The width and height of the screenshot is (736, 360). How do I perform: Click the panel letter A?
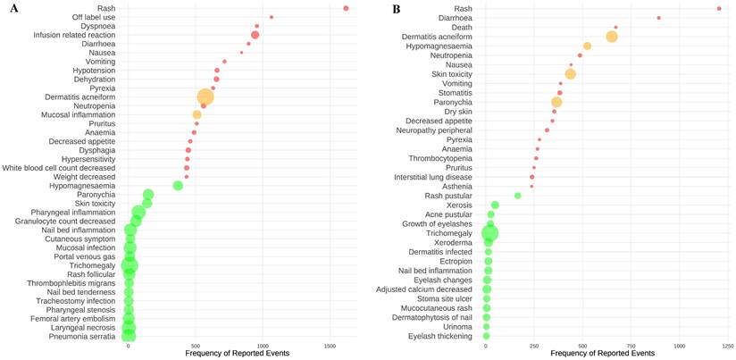tap(6, 7)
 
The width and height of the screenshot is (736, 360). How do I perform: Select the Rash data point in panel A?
tap(346, 8)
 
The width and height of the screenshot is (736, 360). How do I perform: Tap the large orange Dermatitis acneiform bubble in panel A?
tap(205, 97)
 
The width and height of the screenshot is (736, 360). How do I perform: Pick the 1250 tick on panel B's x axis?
tap(728, 345)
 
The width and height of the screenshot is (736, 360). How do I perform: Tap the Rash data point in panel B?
tap(719, 9)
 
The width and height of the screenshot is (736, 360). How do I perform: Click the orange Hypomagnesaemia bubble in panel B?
tap(587, 46)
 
